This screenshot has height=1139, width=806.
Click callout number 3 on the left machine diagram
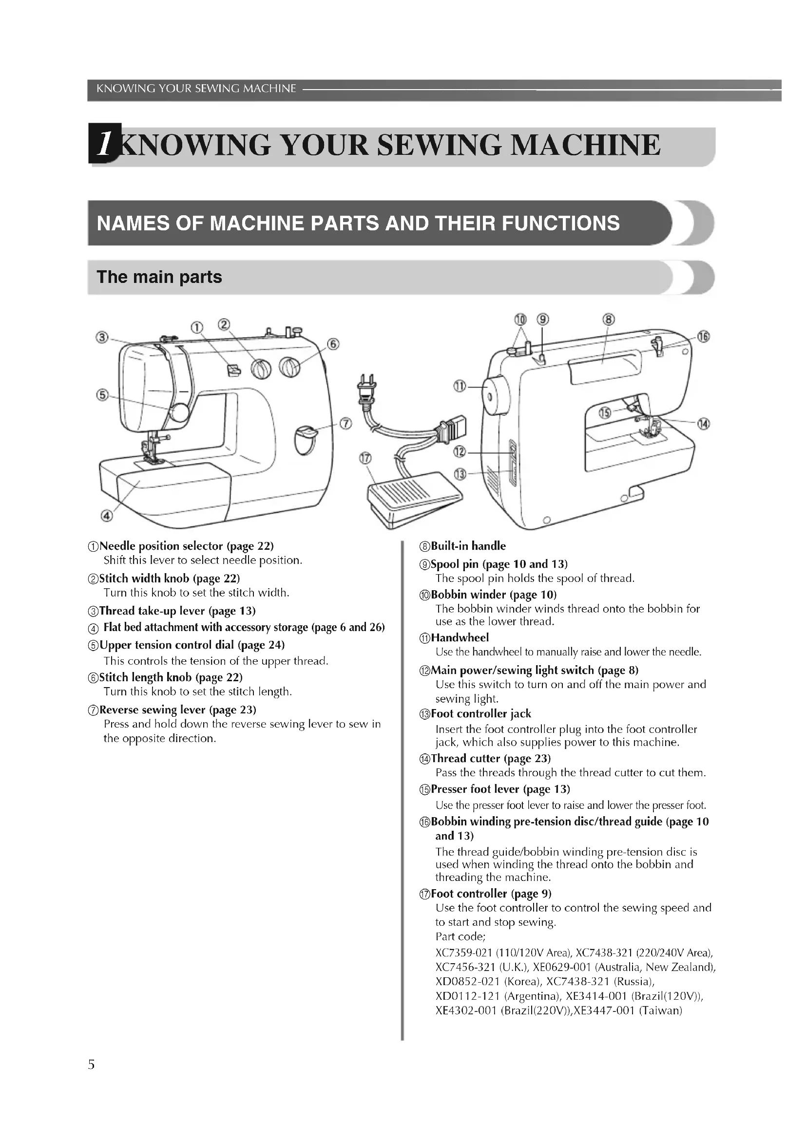click(x=102, y=338)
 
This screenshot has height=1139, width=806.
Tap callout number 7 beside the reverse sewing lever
click(x=345, y=424)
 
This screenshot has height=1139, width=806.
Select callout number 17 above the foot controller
click(x=365, y=458)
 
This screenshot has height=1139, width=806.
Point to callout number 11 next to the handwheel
click(x=460, y=387)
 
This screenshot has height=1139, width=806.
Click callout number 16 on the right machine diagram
click(x=703, y=337)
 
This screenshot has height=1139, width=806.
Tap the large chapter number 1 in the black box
click(x=104, y=144)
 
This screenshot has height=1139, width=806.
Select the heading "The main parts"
click(x=159, y=277)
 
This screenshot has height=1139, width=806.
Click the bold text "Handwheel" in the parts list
click(x=460, y=637)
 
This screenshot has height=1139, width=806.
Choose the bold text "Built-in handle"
click(x=468, y=546)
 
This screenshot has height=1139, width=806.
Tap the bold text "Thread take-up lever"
click(x=152, y=611)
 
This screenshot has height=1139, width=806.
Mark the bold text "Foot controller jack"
click(x=480, y=714)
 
